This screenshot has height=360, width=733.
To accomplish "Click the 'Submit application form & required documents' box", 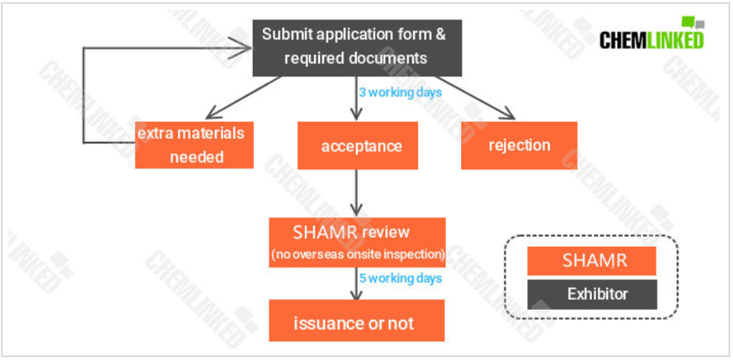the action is pyautogui.click(x=357, y=48).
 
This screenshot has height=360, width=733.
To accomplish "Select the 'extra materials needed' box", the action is pyautogui.click(x=194, y=144).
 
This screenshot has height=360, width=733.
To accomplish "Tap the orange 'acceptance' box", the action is pyautogui.click(x=358, y=146).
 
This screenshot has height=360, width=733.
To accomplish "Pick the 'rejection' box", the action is pyautogui.click(x=519, y=145).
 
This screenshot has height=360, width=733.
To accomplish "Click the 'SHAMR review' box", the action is pyautogui.click(x=357, y=243).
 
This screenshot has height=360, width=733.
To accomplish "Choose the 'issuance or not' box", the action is pyautogui.click(x=357, y=321).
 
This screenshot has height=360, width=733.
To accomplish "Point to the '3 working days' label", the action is pyautogui.click(x=401, y=92).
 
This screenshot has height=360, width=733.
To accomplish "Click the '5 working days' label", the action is pyautogui.click(x=401, y=279).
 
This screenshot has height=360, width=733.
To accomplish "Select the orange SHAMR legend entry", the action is pyautogui.click(x=592, y=261).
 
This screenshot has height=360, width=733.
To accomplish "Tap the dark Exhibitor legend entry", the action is pyautogui.click(x=592, y=295).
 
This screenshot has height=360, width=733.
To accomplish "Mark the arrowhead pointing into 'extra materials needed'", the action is pyautogui.click(x=212, y=112).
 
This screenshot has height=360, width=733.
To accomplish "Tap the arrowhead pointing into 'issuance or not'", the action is pyautogui.click(x=357, y=295).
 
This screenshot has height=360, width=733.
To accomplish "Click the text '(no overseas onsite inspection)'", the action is pyautogui.click(x=358, y=255).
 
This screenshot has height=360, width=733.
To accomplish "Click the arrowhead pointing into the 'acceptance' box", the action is pyautogui.click(x=357, y=116).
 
